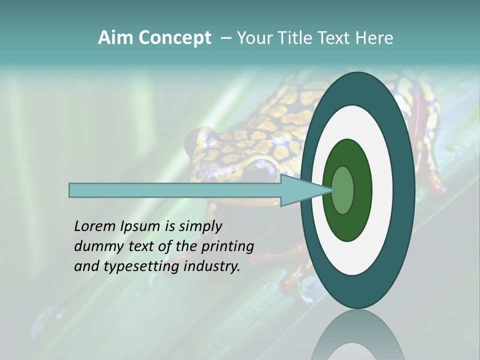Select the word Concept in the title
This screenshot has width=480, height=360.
(x=174, y=38)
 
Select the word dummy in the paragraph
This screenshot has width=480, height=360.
(x=95, y=246)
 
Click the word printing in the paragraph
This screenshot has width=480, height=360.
(x=228, y=246)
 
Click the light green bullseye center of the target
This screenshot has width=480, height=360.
(x=342, y=190)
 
